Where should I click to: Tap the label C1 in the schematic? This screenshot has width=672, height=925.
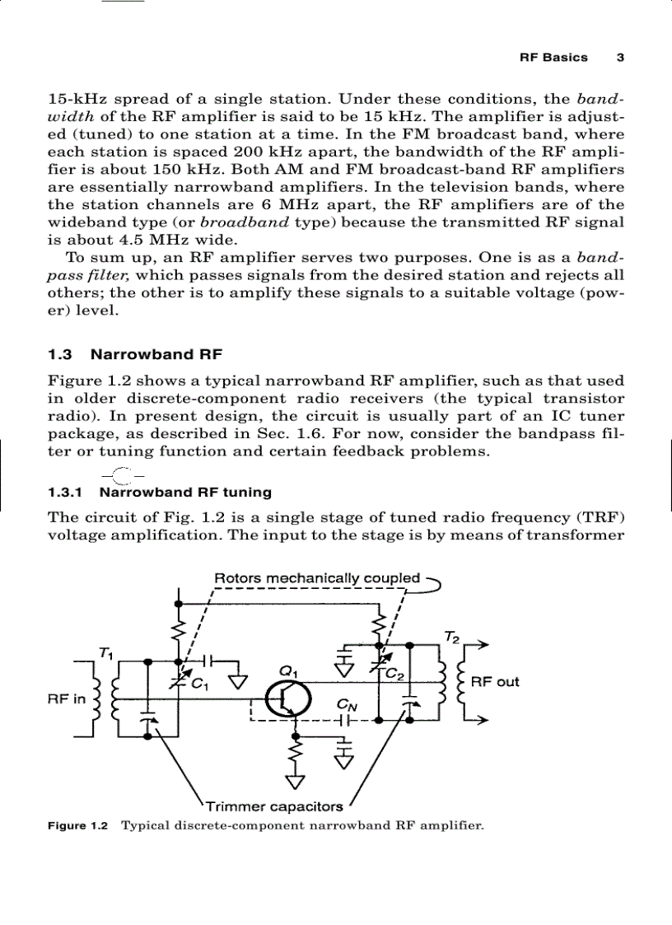pos(200,683)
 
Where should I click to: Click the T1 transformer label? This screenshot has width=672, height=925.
pos(105,653)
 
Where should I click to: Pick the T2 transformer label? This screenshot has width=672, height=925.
pos(451,637)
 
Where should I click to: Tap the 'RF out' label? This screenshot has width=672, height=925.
pos(495,682)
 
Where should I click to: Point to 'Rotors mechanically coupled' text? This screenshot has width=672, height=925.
pos(317,578)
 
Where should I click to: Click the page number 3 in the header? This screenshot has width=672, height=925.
pos(620,58)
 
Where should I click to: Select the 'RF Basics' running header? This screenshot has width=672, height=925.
pos(553,58)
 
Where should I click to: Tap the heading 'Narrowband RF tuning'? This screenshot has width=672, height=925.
pos(185,493)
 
